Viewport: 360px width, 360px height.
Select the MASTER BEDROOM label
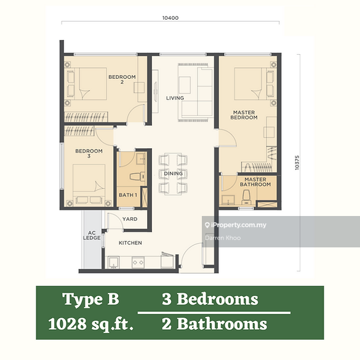coord(244,115)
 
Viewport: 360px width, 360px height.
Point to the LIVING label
coord(175,98)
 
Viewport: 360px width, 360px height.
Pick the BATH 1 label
coord(128,196)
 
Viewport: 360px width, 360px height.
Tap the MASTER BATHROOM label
coord(254,182)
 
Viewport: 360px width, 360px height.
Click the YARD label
coord(129,218)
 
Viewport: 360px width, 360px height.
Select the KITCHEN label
coord(130,244)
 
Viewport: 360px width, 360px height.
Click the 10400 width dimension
coord(170,18)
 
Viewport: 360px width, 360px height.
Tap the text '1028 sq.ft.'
coord(90,323)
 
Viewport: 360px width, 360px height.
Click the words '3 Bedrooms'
coord(210,300)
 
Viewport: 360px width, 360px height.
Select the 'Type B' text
coord(90,300)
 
